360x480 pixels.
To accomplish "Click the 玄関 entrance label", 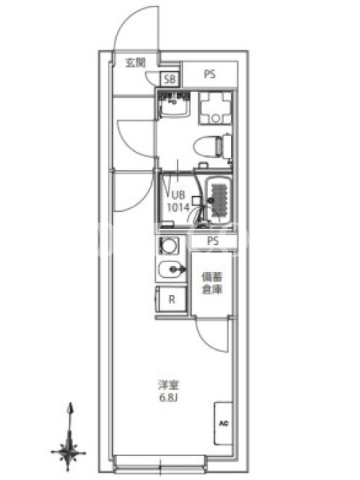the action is pos(136,63).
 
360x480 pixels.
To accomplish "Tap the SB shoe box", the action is pos(170,79).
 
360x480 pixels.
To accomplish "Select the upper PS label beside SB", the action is pos(209,74).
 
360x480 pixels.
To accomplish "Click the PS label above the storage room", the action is pos(213,241).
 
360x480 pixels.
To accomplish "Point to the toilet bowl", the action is pos(209,147).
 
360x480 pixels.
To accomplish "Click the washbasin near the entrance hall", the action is pos(173,104).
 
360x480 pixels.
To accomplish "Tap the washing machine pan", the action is pos(215,108).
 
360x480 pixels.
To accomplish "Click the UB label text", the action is pos(178,195).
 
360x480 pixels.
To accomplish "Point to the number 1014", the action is pos(178,208).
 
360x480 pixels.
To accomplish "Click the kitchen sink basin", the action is pos(170,269).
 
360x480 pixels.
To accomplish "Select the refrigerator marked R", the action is pos(172,299).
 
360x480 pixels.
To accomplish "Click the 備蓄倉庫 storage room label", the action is pos(212,283).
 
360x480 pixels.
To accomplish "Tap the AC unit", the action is pos(223,424).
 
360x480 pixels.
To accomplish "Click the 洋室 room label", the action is pos(169,385).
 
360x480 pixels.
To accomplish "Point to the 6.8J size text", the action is pos(169,398).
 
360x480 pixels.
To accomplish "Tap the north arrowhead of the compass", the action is pos(71,408).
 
